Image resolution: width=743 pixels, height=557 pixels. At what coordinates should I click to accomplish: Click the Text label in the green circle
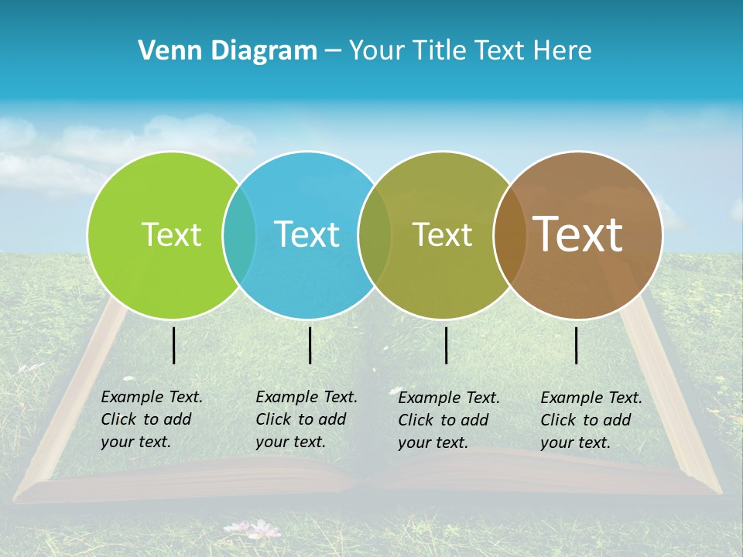[171, 234]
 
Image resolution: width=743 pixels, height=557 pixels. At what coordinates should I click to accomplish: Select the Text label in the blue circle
[306, 234]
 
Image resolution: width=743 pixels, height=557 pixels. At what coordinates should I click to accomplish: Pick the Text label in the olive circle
[442, 234]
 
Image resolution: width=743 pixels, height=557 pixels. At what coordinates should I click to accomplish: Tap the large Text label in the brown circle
[578, 234]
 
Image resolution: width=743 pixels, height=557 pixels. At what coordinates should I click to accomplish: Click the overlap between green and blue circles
[239, 234]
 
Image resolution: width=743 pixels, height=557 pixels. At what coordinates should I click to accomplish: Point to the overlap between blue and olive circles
[375, 234]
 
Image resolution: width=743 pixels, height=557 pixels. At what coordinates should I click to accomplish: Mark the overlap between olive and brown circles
[510, 234]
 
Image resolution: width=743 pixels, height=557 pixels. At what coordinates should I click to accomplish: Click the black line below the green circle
[174, 345]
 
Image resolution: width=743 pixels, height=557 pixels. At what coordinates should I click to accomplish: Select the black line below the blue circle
[310, 345]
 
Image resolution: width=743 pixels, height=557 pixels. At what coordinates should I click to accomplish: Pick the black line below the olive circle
[447, 345]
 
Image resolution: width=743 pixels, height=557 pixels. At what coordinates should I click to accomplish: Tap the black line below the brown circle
[577, 345]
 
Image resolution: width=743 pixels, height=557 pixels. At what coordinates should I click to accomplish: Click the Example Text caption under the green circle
[151, 419]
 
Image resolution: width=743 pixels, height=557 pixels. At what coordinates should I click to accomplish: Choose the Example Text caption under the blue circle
[306, 419]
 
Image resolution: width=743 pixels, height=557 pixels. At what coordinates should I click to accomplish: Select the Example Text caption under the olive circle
[448, 420]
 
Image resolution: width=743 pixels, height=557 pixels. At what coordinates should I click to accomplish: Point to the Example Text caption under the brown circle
[591, 420]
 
